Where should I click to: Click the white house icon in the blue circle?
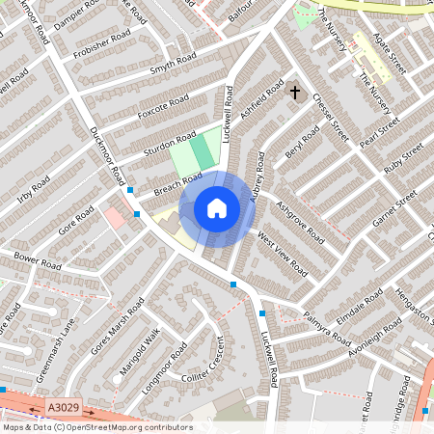(217, 208)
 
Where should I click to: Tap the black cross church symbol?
(295, 94)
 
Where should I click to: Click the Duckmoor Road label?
(108, 153)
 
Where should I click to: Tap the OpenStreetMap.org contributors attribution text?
(124, 426)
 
